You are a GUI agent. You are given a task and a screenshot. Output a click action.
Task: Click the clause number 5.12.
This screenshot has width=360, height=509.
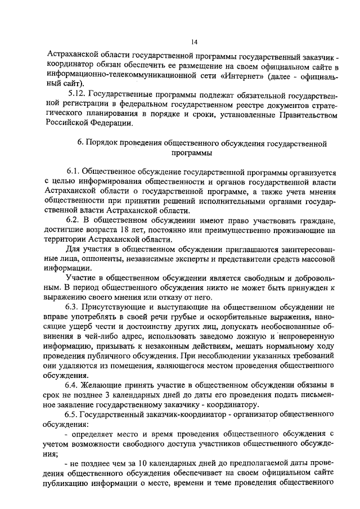click(76, 94)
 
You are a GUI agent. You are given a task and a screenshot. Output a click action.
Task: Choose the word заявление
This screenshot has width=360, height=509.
click(71, 405)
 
